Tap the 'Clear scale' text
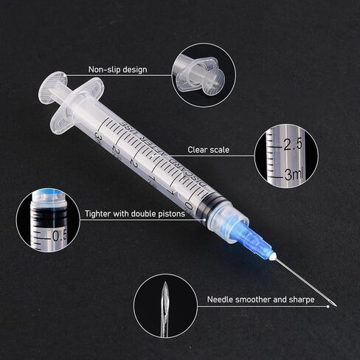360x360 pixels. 207,150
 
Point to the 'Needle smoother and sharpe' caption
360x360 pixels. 260,300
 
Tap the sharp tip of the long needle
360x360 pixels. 336,308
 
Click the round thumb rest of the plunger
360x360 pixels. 51,86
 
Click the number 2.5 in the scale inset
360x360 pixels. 293,145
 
